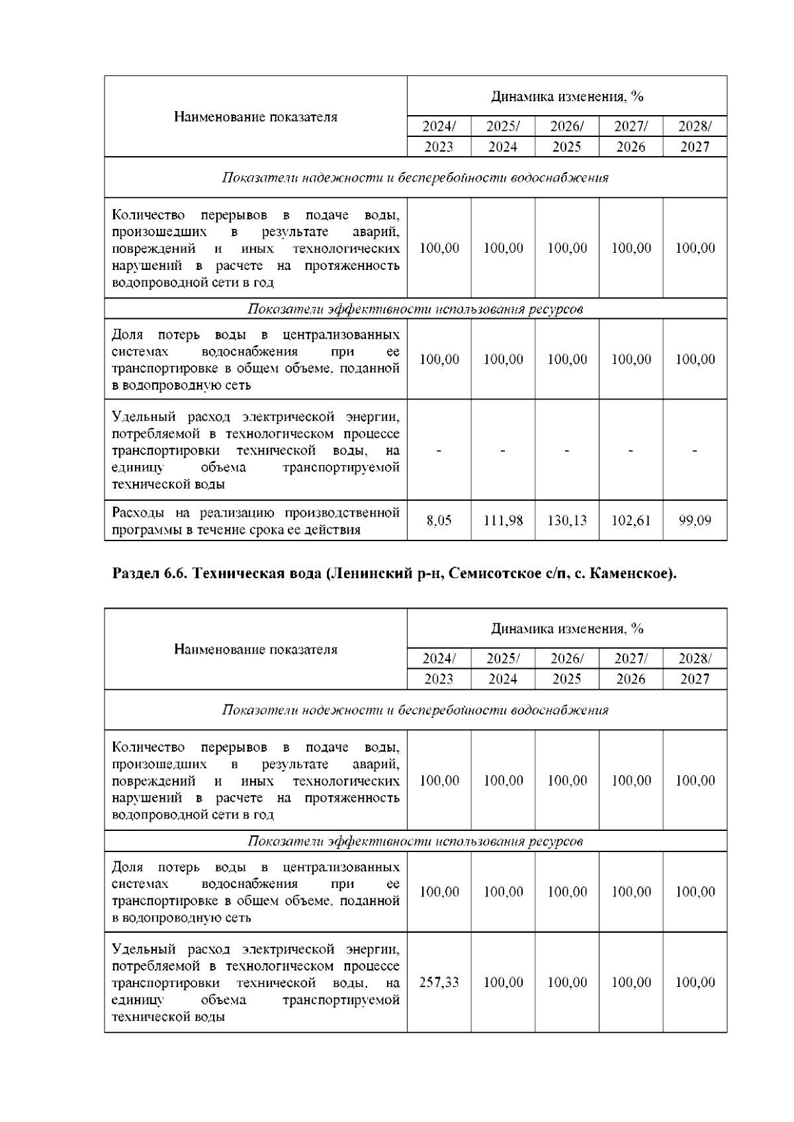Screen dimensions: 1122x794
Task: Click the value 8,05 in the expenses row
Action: coord(439,521)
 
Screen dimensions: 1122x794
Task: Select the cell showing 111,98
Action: coord(503,521)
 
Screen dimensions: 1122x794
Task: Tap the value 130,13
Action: coord(567,521)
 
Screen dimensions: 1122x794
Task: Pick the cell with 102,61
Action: coord(631,521)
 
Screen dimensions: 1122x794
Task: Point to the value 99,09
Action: coord(695,521)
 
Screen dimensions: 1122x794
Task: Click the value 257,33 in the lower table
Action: coord(439,982)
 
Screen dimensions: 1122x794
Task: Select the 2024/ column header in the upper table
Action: coord(439,126)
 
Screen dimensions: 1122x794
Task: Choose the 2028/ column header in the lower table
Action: coord(695,659)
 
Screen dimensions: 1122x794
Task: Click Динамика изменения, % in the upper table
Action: coord(567,97)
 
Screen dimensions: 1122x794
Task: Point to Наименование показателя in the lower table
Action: coord(255,650)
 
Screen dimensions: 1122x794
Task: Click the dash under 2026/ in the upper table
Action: coord(567,451)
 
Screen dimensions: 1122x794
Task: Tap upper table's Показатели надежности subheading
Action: coord(414,178)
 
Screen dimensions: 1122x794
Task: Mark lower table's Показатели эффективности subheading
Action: coord(414,841)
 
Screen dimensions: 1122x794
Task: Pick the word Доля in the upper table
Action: coord(127,335)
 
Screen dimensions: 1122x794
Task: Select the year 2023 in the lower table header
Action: coord(439,679)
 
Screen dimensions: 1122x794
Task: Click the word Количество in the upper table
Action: coord(148,215)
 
